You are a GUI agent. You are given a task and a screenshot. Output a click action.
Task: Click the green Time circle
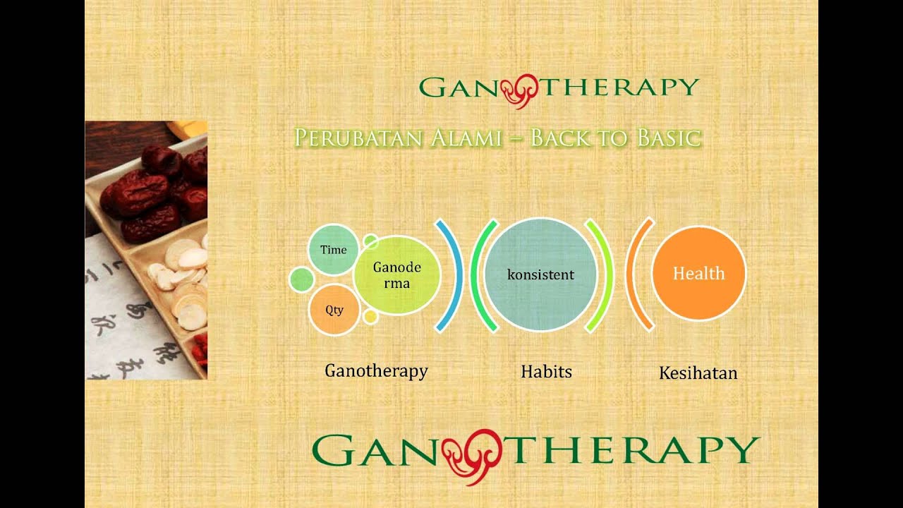click(334, 249)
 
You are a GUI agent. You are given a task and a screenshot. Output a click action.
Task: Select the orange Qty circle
click(334, 310)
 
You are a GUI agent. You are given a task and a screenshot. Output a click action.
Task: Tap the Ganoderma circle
click(396, 275)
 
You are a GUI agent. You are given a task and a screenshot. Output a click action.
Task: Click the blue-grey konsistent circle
click(541, 274)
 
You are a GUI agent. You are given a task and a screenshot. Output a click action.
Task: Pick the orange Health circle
click(698, 274)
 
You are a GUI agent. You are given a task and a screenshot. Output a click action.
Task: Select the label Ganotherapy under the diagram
click(376, 370)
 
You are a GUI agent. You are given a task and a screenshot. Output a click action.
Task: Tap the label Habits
click(546, 371)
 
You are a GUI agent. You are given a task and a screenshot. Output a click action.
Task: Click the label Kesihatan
click(698, 373)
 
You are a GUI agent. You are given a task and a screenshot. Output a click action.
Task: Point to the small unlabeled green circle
click(301, 280)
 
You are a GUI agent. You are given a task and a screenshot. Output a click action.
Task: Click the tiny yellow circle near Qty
click(370, 317)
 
